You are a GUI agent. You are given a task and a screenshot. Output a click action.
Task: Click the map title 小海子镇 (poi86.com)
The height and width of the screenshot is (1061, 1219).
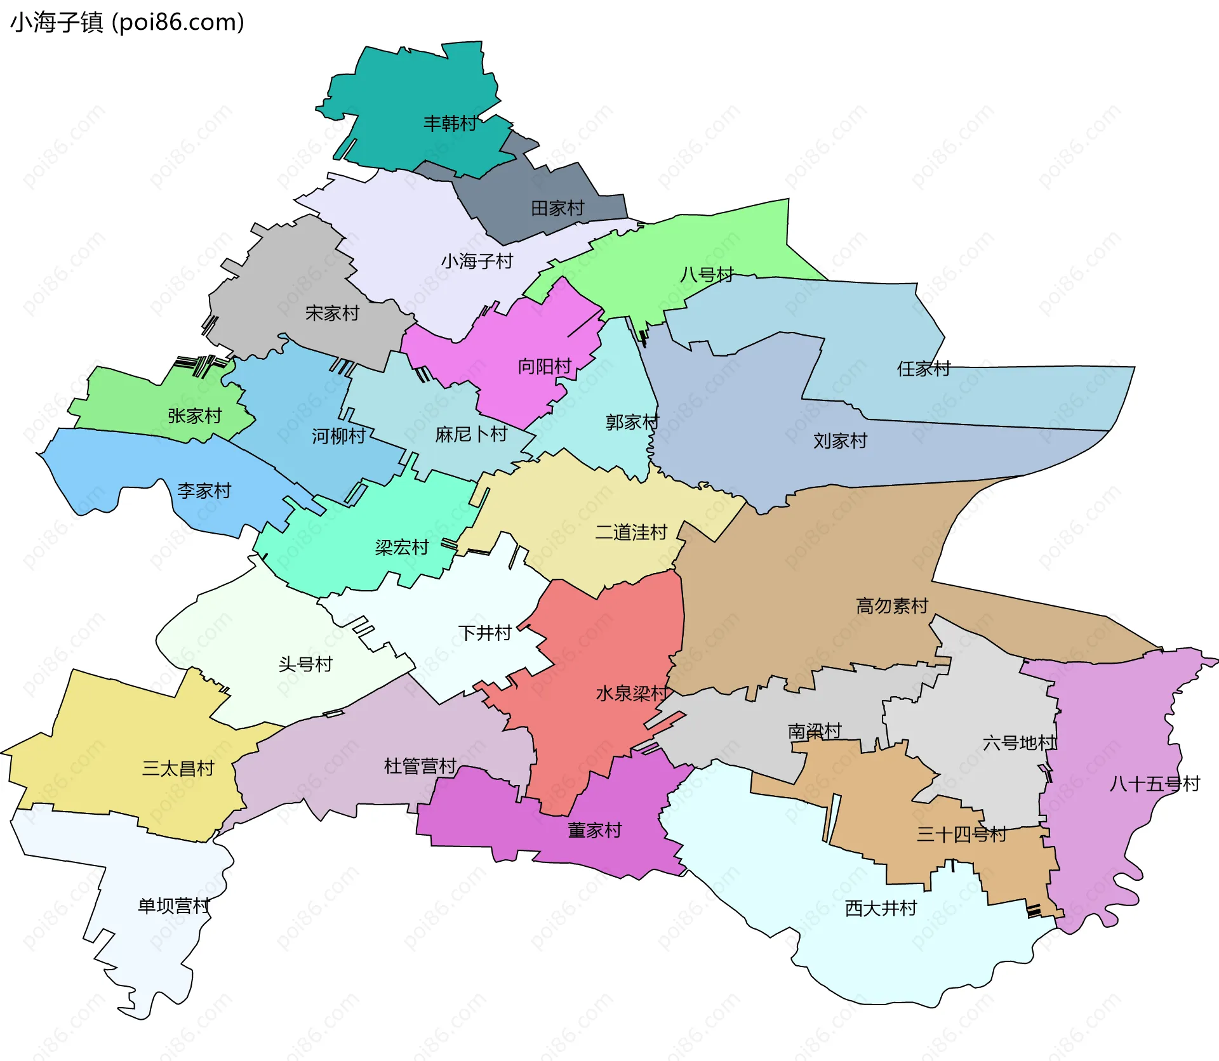coord(127,23)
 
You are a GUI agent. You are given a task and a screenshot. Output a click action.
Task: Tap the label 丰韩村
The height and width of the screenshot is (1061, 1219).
coord(450,123)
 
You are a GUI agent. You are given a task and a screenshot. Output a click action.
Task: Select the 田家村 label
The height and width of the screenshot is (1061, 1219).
coord(557,208)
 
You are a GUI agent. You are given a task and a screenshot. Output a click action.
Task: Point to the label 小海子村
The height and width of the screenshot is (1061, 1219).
coord(477,261)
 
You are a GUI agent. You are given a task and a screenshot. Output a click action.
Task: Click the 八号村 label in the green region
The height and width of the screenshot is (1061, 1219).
coord(707,275)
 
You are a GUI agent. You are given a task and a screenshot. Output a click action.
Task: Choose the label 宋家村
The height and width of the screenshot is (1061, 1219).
coord(332,313)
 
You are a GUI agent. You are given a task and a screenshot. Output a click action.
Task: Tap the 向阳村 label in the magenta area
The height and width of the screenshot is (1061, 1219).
coord(545,367)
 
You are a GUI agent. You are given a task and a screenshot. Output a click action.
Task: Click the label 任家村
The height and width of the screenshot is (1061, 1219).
coord(923,369)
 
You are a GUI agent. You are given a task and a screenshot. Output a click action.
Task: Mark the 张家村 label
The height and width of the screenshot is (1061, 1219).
coord(195,416)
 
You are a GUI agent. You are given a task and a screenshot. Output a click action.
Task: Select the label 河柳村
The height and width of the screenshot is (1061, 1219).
coord(338,436)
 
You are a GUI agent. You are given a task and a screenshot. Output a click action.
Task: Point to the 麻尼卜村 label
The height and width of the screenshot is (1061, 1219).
coord(471,434)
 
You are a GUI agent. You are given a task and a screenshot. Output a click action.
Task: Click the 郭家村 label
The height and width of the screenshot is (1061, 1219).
coord(632,422)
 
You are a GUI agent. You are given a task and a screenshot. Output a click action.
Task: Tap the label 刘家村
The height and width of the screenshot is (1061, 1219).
coord(840,441)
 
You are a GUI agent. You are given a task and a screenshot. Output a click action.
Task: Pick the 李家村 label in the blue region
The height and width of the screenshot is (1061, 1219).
coord(204,491)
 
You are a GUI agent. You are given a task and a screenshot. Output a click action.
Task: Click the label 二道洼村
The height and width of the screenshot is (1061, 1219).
coord(631,532)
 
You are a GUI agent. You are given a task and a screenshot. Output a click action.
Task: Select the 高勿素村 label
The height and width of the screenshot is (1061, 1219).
coord(892,606)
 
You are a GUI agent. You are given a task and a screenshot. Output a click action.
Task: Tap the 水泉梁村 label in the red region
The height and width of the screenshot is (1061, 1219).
coord(632,694)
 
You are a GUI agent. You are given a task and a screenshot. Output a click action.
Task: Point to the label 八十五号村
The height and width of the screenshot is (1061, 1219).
coord(1154,784)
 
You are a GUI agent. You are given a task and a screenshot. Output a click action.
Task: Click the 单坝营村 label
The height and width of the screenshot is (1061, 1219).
coord(174,906)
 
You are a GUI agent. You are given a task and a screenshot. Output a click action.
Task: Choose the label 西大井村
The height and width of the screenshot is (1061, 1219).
coord(881,909)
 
